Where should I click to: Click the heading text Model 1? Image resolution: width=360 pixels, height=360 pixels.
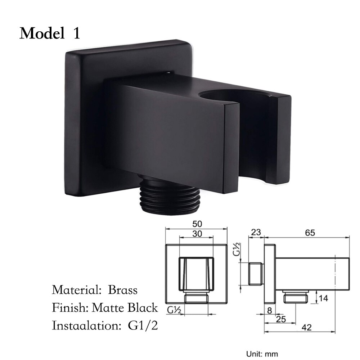tap(50, 33)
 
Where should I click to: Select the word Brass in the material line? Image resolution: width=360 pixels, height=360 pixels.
tap(123, 290)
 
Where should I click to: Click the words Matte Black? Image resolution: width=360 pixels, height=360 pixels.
tap(125, 308)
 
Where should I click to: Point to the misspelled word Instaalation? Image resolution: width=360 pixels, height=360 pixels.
tap(86, 326)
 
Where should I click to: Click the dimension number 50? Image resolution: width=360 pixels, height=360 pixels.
tap(196, 224)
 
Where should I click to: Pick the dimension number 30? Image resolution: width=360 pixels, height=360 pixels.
tap(197, 234)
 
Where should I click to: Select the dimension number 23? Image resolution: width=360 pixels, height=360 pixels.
tap(256, 233)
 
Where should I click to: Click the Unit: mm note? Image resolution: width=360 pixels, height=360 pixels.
tap(261, 354)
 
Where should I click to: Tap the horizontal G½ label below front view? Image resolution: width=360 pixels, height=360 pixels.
tap(174, 309)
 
